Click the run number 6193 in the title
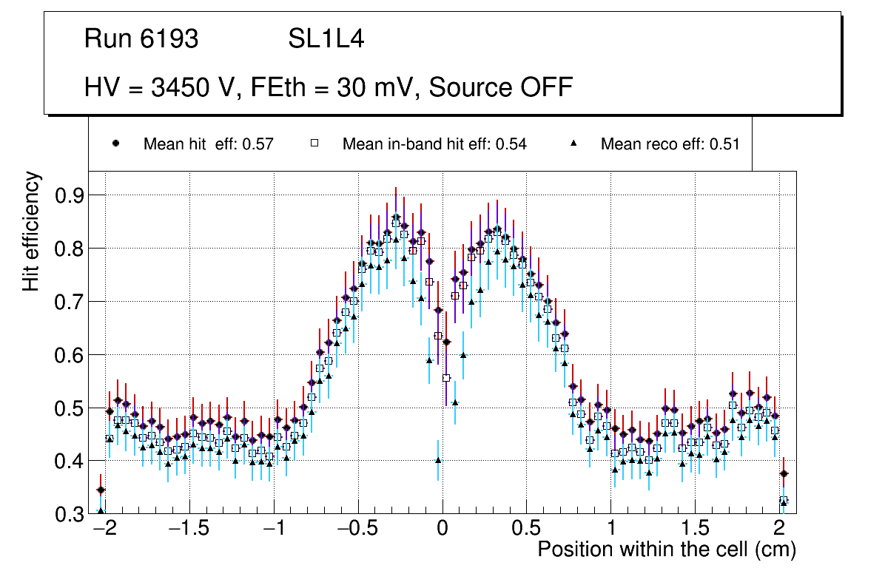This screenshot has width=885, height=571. pyautogui.click(x=169, y=39)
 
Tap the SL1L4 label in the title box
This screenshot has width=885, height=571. pyautogui.click(x=326, y=39)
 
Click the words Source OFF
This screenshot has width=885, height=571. pyautogui.click(x=501, y=87)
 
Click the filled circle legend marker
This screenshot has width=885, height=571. pyautogui.click(x=116, y=143)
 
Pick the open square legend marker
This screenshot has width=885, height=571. pyautogui.click(x=314, y=143)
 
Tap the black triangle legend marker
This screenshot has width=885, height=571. pyautogui.click(x=573, y=143)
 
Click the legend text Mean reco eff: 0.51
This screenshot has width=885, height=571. pyautogui.click(x=670, y=144)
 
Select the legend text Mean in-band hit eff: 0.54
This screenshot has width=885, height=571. pyautogui.click(x=434, y=144)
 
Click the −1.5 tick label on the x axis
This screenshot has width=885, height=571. pyautogui.click(x=190, y=530)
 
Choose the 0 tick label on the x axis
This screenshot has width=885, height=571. pyautogui.click(x=442, y=530)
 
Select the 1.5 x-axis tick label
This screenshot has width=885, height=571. pyautogui.click(x=694, y=530)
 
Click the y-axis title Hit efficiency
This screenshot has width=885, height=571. pyautogui.click(x=31, y=231)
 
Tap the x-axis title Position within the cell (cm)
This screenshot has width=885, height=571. pyautogui.click(x=666, y=550)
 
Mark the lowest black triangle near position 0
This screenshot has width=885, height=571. pyautogui.click(x=438, y=459)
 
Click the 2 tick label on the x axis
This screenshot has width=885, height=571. pyautogui.click(x=778, y=530)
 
